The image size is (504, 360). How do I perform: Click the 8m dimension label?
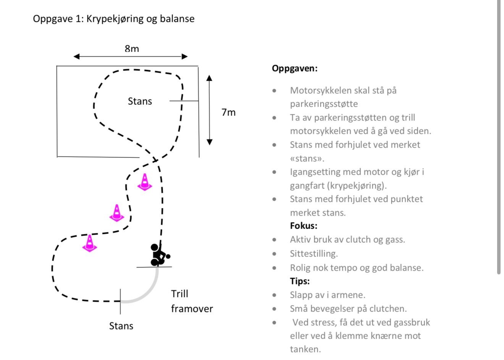[132, 49]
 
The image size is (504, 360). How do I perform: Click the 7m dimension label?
[228, 112]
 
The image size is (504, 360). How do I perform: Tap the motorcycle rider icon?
[159, 255]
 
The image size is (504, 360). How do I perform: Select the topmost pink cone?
[145, 182]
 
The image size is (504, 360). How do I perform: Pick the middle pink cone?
[117, 213]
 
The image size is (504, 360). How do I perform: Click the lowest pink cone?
[89, 243]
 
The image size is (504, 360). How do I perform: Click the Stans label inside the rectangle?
[140, 101]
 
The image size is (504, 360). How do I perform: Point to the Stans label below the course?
[121, 326]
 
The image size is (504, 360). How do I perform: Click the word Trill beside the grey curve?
[179, 294]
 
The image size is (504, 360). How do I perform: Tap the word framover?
[192, 309]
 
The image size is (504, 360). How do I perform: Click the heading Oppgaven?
[294, 69]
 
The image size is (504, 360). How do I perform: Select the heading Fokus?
[304, 226]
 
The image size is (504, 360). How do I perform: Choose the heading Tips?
[300, 281]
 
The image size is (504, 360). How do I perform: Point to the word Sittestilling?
[314, 254]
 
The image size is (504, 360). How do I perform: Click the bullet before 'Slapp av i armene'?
[274, 295]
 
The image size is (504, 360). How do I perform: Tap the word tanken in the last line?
[305, 349]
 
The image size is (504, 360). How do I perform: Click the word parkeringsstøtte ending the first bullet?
[324, 104]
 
